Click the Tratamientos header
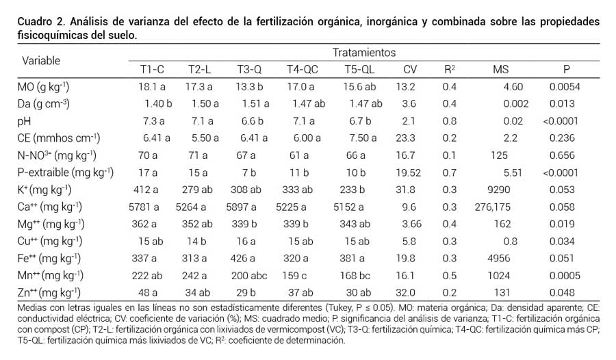[363, 52]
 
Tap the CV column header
[409, 69]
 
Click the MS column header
[501, 69]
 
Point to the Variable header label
[41, 60]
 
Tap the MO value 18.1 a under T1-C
[153, 87]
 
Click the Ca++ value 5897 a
[252, 207]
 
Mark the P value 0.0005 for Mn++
[565, 275]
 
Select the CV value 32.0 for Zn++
[409, 292]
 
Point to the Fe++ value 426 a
[252, 258]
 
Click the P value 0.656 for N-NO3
[565, 155]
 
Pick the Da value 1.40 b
[158, 104]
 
